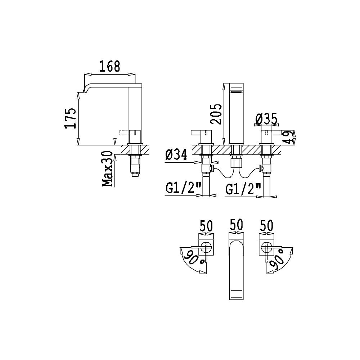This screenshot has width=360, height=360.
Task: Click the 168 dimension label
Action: point(110,66)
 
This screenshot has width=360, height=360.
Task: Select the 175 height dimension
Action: point(71,118)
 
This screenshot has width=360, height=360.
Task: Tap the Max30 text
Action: point(107,169)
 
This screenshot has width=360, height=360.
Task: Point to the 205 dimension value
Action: point(216,114)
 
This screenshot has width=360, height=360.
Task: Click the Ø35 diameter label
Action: point(266,119)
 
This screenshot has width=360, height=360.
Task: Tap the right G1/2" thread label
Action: point(244,189)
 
